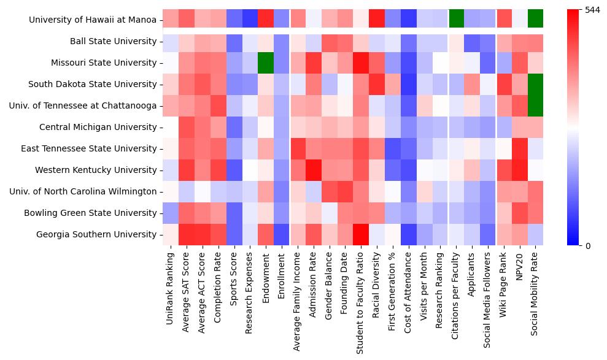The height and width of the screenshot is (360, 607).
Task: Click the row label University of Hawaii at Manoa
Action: (93, 20)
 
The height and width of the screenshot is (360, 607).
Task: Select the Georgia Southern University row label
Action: (96, 234)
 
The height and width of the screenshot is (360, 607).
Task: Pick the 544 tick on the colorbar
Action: (593, 10)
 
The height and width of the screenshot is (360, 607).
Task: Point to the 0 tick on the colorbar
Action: (588, 246)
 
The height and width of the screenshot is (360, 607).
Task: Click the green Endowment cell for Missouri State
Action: (265, 63)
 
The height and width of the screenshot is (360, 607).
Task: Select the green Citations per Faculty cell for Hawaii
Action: (456, 19)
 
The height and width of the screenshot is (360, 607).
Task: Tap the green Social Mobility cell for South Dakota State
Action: (536, 84)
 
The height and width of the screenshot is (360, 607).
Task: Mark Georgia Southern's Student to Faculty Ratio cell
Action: (361, 234)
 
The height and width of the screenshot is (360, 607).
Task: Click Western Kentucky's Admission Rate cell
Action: (313, 170)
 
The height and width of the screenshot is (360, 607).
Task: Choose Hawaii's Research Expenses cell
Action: (249, 19)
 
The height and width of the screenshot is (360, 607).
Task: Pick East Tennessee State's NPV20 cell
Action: (520, 148)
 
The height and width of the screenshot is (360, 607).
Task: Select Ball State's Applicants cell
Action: (472, 42)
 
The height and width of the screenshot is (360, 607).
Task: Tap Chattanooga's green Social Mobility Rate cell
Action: (536, 105)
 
